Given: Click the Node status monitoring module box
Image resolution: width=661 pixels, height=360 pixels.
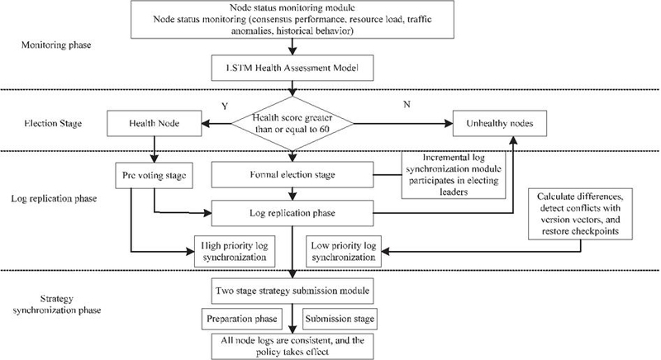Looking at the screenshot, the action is click(x=292, y=19).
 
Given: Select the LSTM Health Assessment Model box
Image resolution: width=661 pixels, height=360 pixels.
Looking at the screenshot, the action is click(x=292, y=68).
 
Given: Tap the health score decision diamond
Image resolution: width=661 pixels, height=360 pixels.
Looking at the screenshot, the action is click(x=292, y=123).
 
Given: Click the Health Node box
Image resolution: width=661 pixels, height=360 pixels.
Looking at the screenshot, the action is click(x=155, y=123).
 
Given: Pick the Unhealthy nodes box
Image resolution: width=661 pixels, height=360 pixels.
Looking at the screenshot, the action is click(x=500, y=123).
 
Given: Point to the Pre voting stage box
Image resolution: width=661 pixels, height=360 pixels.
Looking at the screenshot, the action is click(x=155, y=175).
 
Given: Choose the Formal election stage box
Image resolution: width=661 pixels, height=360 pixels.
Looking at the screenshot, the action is click(x=292, y=175).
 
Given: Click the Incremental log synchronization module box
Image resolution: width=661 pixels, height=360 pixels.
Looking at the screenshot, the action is click(x=454, y=175).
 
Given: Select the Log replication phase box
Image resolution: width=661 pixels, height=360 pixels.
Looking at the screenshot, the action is click(x=292, y=213).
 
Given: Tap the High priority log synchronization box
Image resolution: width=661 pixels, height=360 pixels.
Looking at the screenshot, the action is click(x=235, y=251).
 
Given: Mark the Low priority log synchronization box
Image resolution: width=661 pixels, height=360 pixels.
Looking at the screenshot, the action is click(x=344, y=251).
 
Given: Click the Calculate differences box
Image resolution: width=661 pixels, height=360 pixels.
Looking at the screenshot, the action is click(x=580, y=214).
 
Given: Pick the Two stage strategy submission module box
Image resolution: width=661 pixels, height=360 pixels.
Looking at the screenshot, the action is click(x=292, y=291).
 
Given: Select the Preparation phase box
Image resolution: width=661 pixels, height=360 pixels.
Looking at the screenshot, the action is click(x=241, y=319).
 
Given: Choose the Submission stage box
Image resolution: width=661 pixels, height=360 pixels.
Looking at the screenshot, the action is click(x=340, y=319).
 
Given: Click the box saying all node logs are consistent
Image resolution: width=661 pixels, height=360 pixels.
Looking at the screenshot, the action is click(x=292, y=347).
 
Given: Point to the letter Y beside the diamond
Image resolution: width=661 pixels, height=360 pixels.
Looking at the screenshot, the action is click(x=225, y=107).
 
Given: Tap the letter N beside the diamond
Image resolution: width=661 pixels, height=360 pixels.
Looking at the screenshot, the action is click(x=407, y=104).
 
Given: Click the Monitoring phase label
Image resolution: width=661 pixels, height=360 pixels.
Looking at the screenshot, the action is click(x=56, y=45).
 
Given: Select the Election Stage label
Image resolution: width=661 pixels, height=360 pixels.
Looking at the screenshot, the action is click(x=53, y=123).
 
